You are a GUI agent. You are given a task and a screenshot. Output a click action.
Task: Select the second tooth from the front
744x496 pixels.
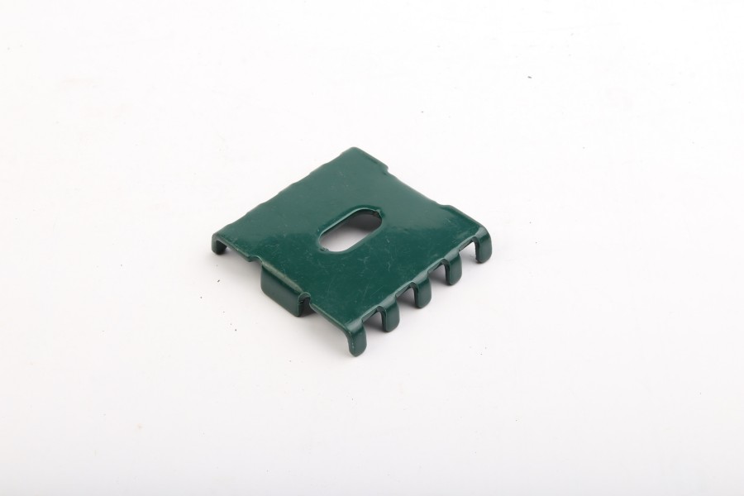tap(389, 313)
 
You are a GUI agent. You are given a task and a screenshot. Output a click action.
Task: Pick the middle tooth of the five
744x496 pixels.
tap(421, 292)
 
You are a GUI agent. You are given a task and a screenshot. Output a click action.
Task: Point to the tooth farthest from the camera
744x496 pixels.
tap(481, 246)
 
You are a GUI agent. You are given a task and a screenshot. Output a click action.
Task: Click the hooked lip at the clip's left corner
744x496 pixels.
tap(222, 244)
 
